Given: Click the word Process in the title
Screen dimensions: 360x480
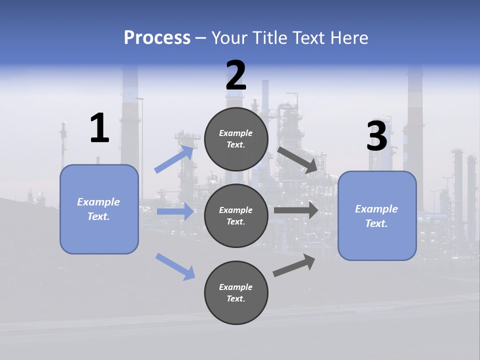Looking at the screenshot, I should pyautogui.click(x=157, y=38).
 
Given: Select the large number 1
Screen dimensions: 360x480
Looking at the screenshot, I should pyautogui.click(x=99, y=128).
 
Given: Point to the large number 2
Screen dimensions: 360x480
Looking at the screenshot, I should pyautogui.click(x=236, y=75).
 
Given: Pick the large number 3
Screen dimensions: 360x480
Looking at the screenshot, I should pyautogui.click(x=376, y=136).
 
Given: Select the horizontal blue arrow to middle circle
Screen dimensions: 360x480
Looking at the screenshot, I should pyautogui.click(x=175, y=211).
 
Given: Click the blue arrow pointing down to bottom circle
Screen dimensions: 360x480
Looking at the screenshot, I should pyautogui.click(x=175, y=266).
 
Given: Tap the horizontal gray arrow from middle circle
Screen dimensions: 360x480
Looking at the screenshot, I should pyautogui.click(x=296, y=210).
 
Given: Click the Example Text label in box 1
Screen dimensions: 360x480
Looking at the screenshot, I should pyautogui.click(x=99, y=209).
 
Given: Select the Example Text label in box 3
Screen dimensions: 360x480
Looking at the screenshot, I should pyautogui.click(x=377, y=216).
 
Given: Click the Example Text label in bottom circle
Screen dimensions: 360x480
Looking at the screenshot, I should pyautogui.click(x=236, y=292).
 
